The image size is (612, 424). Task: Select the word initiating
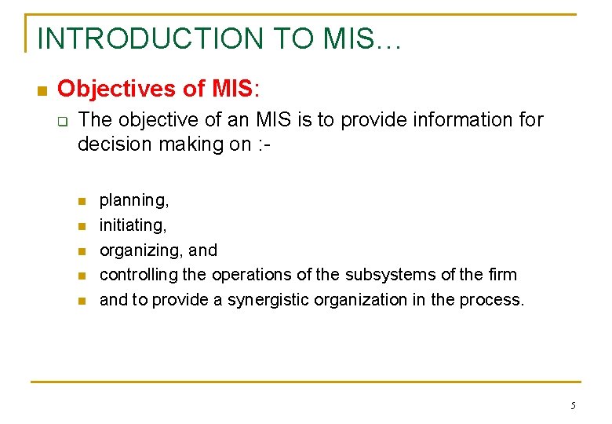pyautogui.click(x=131, y=226)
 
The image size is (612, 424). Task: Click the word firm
pyautogui.click(x=502, y=275)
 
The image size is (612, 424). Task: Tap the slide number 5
pyautogui.click(x=573, y=406)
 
